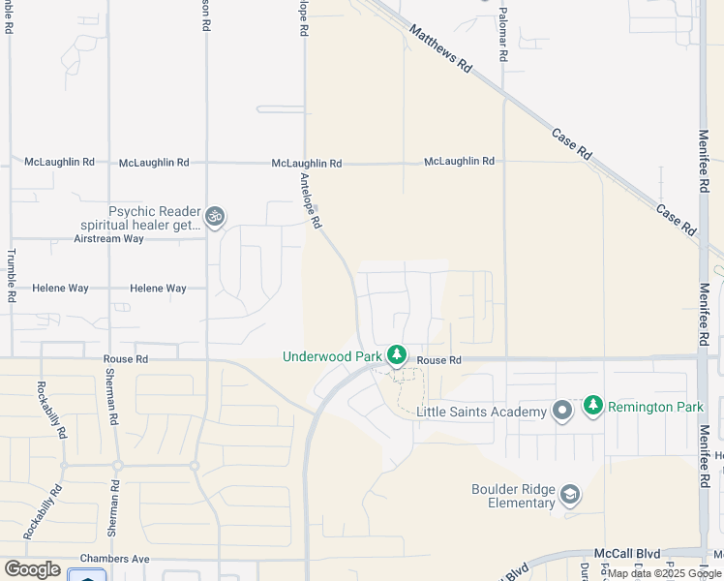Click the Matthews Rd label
440,49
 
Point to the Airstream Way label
108,238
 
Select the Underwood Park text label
332,356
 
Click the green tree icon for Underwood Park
396,355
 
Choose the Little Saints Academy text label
481,413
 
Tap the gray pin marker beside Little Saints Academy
562,412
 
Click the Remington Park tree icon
593,406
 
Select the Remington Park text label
655,407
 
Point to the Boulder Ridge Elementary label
513,496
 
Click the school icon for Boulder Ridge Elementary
570,496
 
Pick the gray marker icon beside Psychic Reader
215,218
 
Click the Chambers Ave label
114,559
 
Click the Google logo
32,569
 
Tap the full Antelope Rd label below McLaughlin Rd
310,201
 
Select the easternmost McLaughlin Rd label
459,161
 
